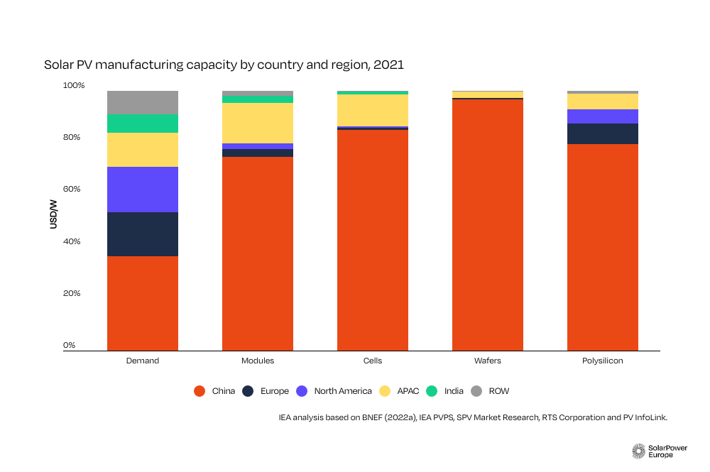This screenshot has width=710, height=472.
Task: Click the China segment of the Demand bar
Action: point(142,303)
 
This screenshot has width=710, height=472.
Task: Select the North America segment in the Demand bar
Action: point(142,190)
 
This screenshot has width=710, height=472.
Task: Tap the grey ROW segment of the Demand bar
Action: point(142,102)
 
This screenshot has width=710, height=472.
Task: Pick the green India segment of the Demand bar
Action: point(142,124)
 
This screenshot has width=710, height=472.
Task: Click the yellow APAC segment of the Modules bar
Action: point(258,123)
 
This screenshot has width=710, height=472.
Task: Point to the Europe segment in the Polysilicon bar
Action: point(602,133)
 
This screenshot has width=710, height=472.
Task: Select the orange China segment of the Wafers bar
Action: point(487,224)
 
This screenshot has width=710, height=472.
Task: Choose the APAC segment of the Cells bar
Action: point(373,110)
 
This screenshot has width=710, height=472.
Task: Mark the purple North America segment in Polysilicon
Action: point(602,116)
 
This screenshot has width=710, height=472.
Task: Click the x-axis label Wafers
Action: point(487,361)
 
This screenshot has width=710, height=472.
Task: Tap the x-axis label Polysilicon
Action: point(602,361)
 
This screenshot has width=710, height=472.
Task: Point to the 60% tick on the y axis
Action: point(74,190)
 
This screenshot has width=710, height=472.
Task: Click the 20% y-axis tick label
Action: point(74,293)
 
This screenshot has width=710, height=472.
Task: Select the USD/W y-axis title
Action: point(54,216)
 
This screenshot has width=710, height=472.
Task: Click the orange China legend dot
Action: point(200,391)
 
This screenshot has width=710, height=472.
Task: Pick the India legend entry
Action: point(447,391)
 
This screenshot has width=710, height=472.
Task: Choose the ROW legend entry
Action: point(492,391)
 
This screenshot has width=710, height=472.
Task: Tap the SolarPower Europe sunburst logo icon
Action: point(638,451)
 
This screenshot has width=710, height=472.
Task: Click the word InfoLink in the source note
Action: point(650,418)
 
